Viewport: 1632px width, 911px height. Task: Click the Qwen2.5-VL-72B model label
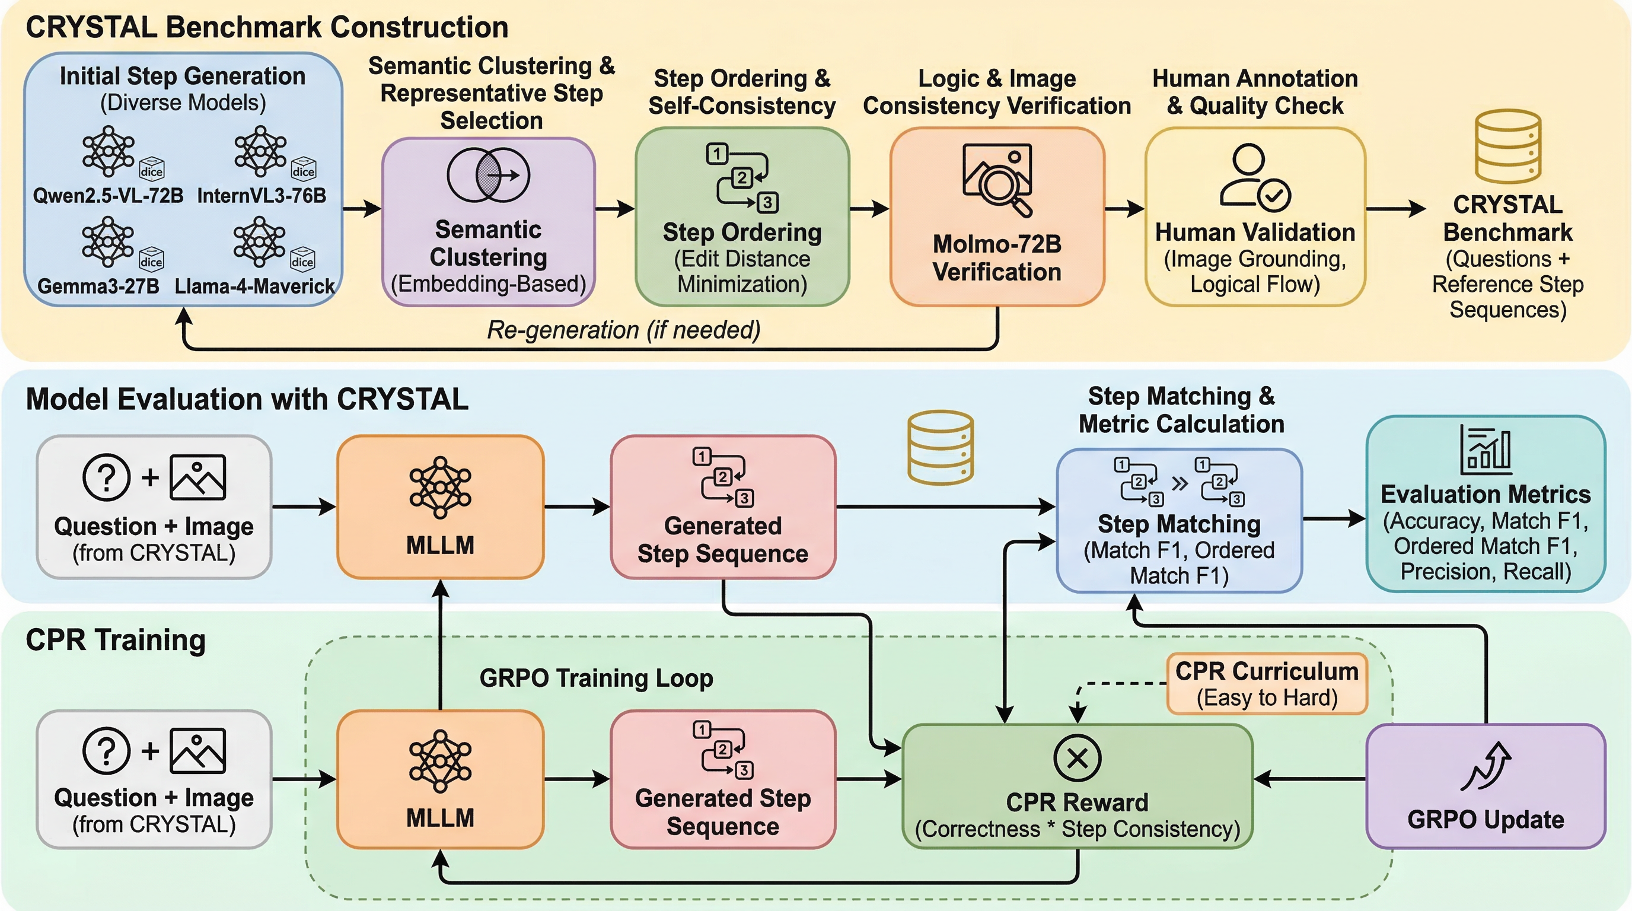108,195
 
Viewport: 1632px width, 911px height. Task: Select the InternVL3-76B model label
262,195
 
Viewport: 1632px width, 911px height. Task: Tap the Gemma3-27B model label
98,286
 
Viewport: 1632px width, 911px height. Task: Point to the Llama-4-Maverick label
254,286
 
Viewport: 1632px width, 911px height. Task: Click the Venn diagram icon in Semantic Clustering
489,175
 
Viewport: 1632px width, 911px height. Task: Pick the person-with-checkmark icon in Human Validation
1255,177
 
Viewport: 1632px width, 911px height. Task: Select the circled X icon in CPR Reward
1077,759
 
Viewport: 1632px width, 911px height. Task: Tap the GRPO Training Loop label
596,678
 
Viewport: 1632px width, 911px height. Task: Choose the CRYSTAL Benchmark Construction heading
267,27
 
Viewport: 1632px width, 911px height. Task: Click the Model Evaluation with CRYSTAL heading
247,399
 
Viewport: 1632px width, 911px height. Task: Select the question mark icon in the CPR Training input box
106,751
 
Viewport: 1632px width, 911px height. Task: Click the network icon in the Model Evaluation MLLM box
440,488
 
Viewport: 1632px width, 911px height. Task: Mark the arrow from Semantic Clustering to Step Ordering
614,208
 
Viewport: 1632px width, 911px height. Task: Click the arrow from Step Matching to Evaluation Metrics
1334,519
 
